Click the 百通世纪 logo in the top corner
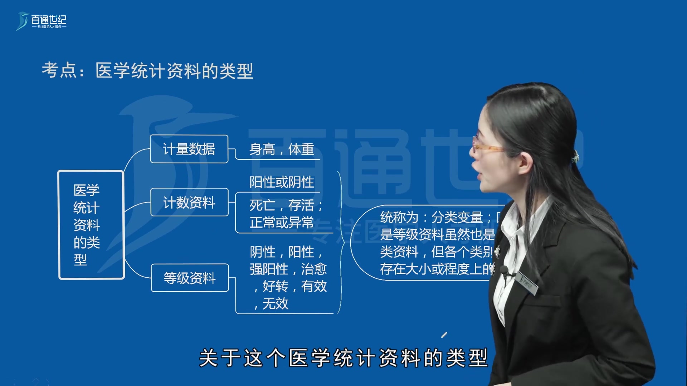(x=42, y=21)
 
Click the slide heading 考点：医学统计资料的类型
(x=147, y=70)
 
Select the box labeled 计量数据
(x=189, y=149)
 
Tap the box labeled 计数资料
(x=189, y=203)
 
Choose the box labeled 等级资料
(x=190, y=278)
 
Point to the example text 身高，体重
(x=282, y=149)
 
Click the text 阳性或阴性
(x=282, y=182)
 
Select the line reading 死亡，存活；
(x=286, y=205)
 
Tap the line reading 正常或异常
(x=282, y=223)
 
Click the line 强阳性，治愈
(x=288, y=269)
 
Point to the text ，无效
(x=271, y=304)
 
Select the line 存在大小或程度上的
(x=437, y=269)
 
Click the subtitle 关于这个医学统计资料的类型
(x=343, y=358)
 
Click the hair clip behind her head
(x=575, y=156)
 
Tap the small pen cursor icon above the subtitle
(x=444, y=335)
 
